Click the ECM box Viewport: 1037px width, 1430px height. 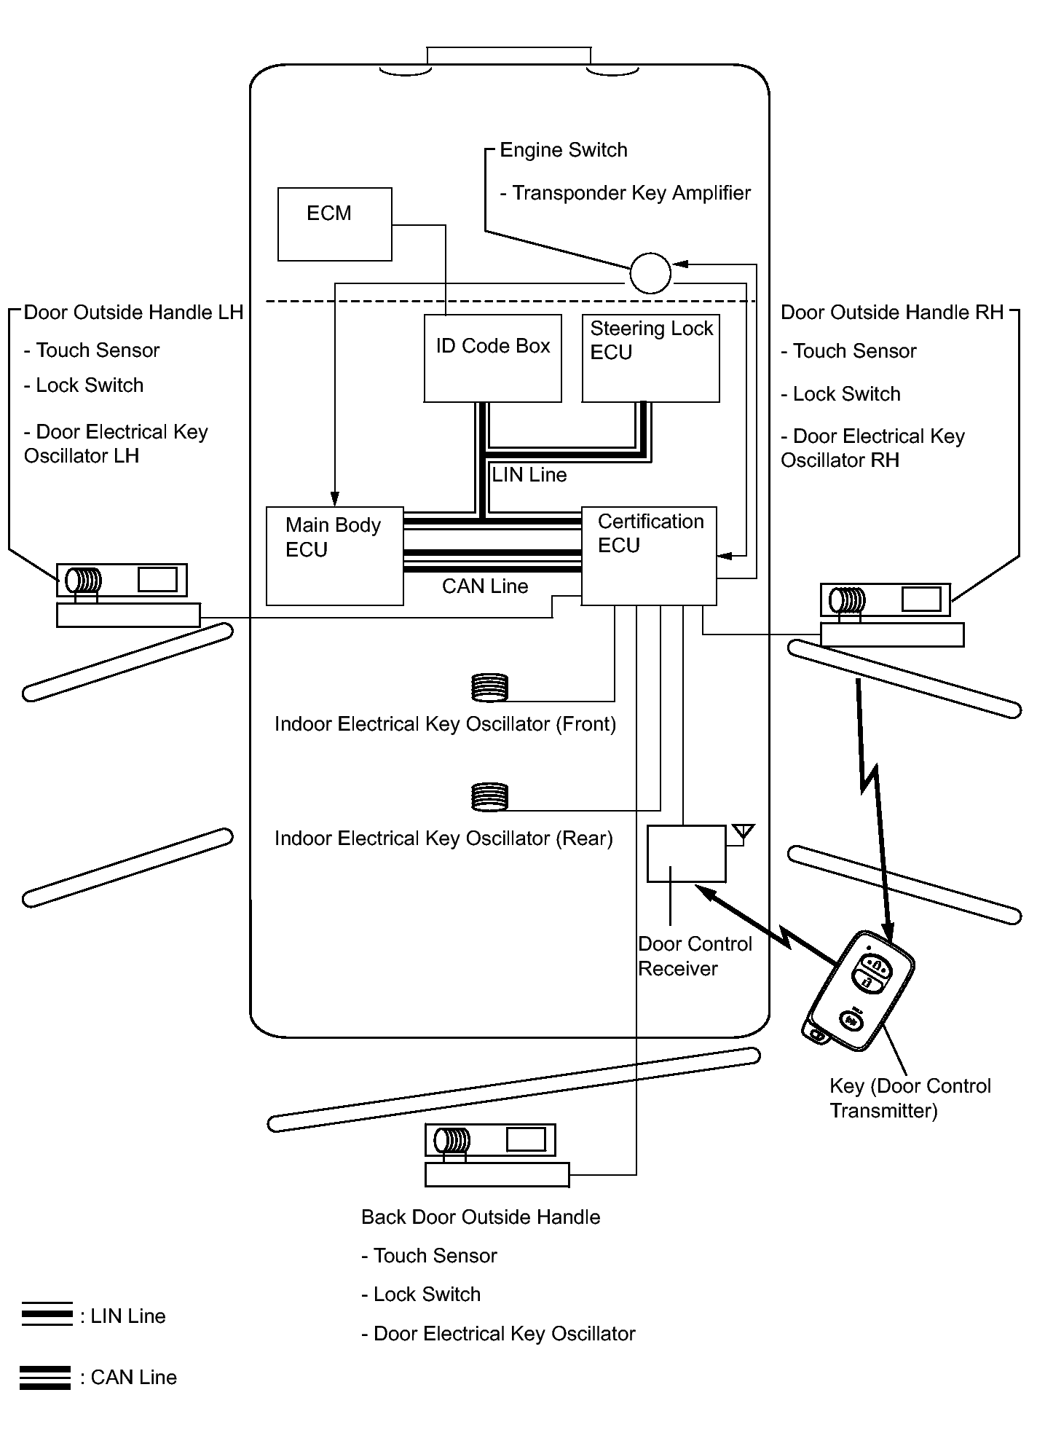334,224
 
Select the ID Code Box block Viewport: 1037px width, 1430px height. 492,358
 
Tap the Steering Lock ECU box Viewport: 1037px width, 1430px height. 650,358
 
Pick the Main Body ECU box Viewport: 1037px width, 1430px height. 334,555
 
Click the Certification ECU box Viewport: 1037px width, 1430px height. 649,555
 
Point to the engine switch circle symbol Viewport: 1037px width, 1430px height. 650,273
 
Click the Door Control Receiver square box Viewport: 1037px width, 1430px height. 686,853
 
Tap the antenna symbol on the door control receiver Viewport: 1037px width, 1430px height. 743,833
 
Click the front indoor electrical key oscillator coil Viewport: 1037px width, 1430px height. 489,688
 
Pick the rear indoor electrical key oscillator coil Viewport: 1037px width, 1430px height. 489,797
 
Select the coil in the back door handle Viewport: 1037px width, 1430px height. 452,1140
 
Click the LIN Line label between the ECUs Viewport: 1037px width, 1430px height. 529,475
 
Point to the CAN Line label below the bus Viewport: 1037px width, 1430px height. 485,586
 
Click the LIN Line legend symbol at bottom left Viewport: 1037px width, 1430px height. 47,1316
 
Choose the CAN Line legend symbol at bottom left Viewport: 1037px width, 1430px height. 45,1377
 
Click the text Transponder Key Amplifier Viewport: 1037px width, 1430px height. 631,193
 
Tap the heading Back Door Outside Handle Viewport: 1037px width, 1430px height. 481,1217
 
